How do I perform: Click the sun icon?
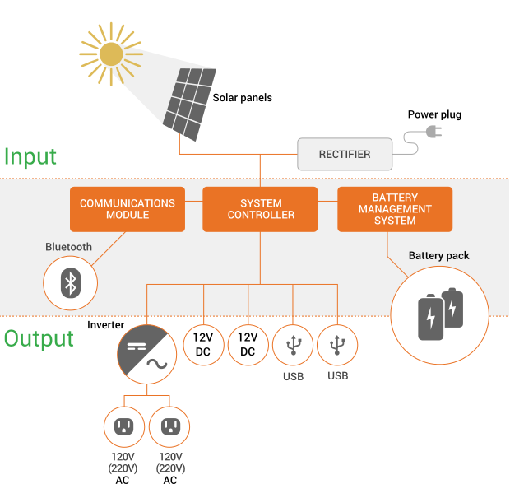pos(110,54)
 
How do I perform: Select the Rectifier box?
pos(345,154)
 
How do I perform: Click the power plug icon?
pos(433,132)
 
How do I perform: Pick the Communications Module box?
pos(128,209)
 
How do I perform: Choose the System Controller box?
pos(260,209)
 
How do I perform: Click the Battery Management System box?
pos(395,209)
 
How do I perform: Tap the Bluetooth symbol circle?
pos(71,283)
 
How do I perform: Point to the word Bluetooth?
pos(69,247)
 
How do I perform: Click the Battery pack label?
pos(439,256)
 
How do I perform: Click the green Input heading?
pos(30,156)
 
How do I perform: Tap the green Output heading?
pos(39,339)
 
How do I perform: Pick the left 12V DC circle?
pos(202,344)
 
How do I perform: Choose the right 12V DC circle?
pos(248,344)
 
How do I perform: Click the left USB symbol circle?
pos(293,344)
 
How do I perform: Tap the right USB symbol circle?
pos(338,344)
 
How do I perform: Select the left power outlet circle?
pos(124,426)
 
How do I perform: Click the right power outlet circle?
pos(169,426)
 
